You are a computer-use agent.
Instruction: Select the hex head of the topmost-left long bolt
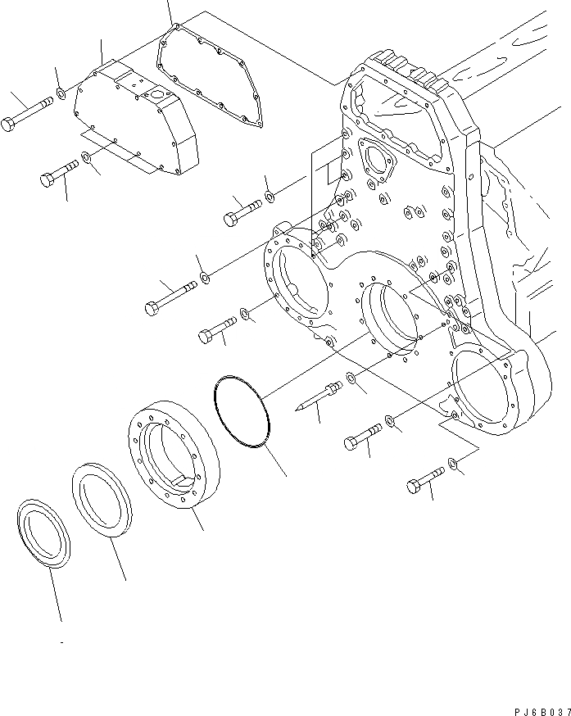coord(9,125)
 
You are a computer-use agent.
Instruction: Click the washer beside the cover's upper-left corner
coord(61,98)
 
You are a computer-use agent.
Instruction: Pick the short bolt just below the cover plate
coord(58,174)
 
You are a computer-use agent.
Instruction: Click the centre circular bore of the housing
coord(391,319)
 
